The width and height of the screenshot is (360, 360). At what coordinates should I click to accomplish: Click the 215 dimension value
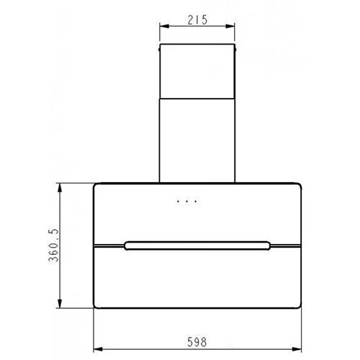coord(197,20)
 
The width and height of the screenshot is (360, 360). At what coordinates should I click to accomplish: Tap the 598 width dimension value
coord(197,342)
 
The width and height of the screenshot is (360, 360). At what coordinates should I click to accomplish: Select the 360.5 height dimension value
coord(53,245)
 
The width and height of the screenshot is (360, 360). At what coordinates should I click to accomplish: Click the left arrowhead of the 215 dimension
coord(164,26)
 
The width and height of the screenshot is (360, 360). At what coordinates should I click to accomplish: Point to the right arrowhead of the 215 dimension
coord(230,26)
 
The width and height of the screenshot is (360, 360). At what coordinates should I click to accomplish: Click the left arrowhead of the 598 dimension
coord(98,349)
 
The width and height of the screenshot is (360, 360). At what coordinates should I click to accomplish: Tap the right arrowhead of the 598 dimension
coord(297,349)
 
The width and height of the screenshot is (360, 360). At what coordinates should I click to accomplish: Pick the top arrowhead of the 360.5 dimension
coord(60,188)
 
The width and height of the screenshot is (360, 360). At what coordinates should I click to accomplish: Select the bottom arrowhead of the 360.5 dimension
coord(60,303)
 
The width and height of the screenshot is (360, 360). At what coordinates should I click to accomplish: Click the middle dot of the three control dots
coord(187,202)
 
